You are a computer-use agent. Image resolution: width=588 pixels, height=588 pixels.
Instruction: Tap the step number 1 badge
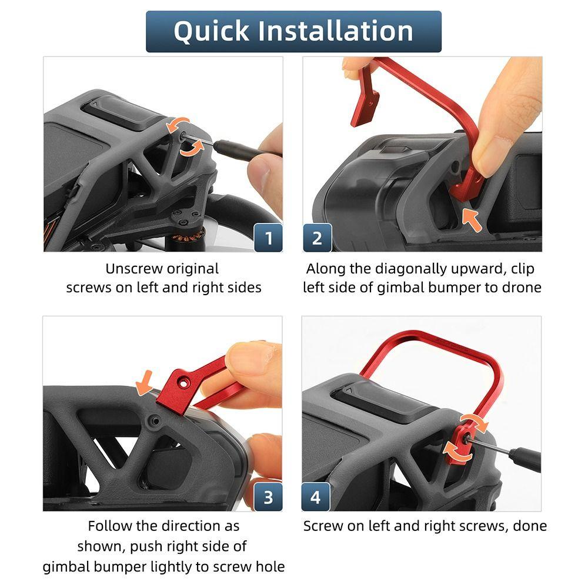point(268,238)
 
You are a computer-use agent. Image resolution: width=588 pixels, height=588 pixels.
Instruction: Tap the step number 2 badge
point(318,238)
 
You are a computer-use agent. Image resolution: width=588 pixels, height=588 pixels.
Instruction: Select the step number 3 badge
point(268,497)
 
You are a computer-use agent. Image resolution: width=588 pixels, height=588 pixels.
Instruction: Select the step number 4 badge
point(316,497)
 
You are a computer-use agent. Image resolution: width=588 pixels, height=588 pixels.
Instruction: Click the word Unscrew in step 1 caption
point(134,269)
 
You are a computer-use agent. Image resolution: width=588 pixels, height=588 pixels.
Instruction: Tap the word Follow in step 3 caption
point(110,526)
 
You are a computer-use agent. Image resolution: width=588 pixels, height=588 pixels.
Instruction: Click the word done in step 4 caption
point(530,526)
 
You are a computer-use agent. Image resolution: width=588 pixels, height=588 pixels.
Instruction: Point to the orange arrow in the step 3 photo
point(145,383)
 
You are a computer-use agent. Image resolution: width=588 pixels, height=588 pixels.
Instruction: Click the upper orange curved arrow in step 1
point(178,125)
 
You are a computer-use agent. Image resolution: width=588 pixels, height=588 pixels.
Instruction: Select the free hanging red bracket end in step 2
point(365,109)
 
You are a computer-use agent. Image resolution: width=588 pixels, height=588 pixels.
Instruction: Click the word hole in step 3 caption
point(270,566)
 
